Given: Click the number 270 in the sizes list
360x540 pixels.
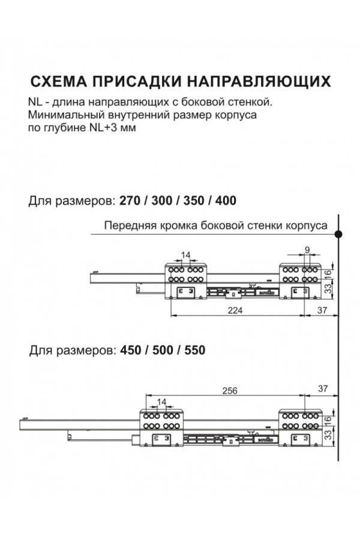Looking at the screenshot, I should click(130, 200).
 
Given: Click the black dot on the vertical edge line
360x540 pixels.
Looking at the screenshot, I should click(339, 234).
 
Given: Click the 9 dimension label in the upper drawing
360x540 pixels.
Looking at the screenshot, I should click(307, 249).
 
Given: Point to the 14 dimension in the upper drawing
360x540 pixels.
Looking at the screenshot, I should click(185, 256).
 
